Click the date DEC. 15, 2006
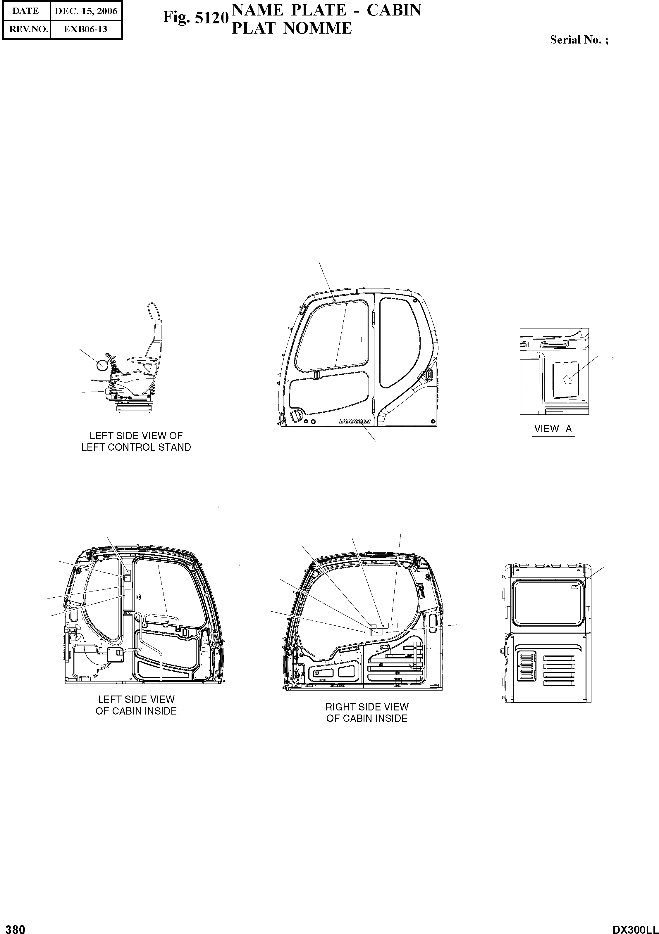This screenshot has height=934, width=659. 86,11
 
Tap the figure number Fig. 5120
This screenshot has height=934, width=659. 196,18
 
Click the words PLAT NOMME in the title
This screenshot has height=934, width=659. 291,28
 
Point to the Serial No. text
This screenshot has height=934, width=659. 579,39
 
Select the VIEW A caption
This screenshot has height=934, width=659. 553,428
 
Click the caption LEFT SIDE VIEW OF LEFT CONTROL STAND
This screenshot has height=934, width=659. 136,441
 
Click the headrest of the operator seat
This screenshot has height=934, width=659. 152,310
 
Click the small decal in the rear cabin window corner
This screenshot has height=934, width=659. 575,587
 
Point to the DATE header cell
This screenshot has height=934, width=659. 26,11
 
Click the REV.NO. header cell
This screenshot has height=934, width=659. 26,29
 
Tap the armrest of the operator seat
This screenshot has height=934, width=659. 137,359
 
